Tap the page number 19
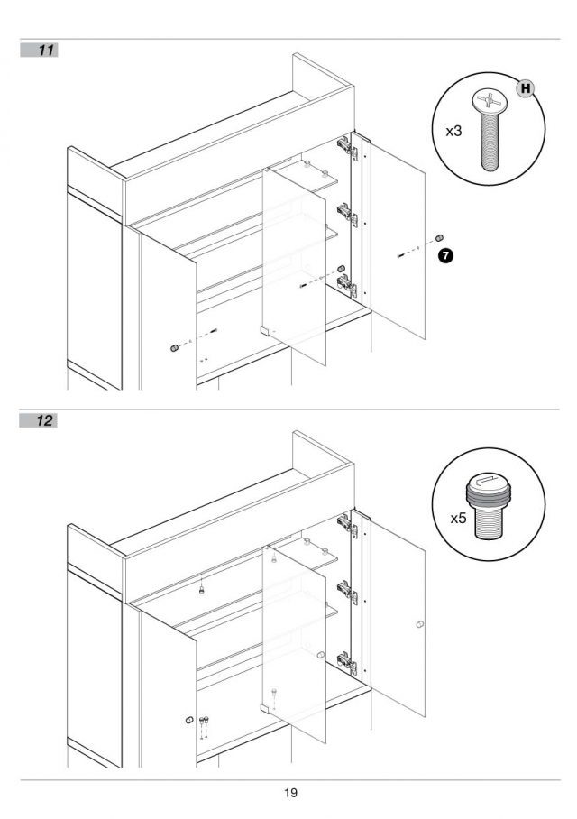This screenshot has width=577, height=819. (291, 793)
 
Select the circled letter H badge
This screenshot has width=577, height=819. (526, 88)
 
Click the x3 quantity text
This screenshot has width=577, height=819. (453, 131)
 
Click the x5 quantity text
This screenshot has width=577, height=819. (458, 518)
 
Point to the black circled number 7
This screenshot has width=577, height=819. (445, 255)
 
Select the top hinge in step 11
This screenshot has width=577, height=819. (347, 146)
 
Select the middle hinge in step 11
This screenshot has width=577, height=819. (347, 214)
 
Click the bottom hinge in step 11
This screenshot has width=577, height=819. (347, 286)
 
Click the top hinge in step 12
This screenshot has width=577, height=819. (347, 524)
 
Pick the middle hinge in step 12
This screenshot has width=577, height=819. (347, 592)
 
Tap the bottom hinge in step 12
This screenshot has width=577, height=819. (347, 662)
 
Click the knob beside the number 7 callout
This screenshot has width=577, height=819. (439, 238)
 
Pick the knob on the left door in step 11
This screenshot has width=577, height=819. (174, 348)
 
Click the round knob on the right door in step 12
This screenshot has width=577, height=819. (420, 624)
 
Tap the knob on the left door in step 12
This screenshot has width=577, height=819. (189, 721)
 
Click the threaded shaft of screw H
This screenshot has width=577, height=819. (490, 141)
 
